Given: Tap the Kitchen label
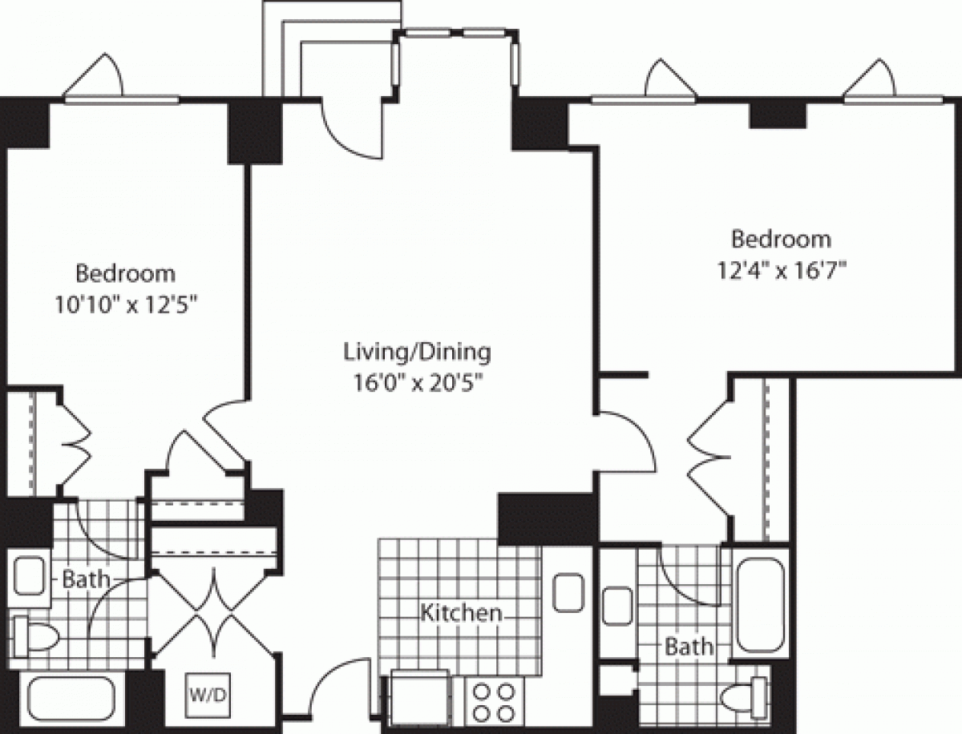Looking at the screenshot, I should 462,614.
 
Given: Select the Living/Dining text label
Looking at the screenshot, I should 416,351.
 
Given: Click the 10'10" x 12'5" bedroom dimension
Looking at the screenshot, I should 126,304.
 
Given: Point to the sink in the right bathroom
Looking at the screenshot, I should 618,604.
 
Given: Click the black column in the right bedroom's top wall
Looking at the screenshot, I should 777,115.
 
